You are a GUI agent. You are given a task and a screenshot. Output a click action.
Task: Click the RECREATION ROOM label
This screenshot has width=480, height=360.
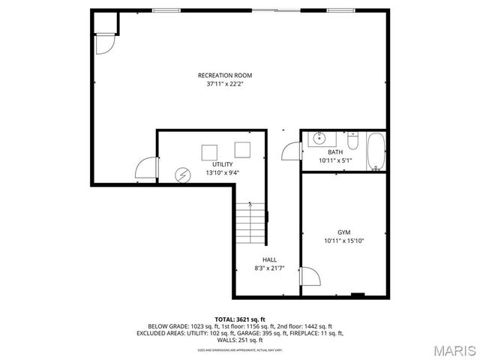224,75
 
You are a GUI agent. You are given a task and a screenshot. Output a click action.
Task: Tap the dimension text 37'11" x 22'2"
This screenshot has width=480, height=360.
224,84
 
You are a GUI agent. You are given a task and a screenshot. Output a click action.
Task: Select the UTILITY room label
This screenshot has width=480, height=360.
222,164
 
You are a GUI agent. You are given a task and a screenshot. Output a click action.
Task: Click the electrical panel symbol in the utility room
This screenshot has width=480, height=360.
182,175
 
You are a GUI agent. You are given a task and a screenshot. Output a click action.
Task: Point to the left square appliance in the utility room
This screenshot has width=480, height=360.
208,151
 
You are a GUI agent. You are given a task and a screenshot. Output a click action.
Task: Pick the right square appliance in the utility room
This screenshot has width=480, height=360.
242,148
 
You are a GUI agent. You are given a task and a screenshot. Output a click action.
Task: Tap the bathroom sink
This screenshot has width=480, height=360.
319,138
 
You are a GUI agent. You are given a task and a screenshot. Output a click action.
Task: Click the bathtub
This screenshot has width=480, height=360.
376,151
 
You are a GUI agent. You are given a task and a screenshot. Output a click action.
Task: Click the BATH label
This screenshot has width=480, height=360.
334,152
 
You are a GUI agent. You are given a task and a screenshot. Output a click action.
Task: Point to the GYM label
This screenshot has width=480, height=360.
343,232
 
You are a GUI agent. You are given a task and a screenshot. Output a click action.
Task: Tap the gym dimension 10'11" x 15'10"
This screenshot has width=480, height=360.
343,241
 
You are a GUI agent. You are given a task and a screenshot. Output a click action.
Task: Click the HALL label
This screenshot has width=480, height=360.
268,259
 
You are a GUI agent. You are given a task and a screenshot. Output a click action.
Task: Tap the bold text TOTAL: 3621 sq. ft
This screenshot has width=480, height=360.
240,319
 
